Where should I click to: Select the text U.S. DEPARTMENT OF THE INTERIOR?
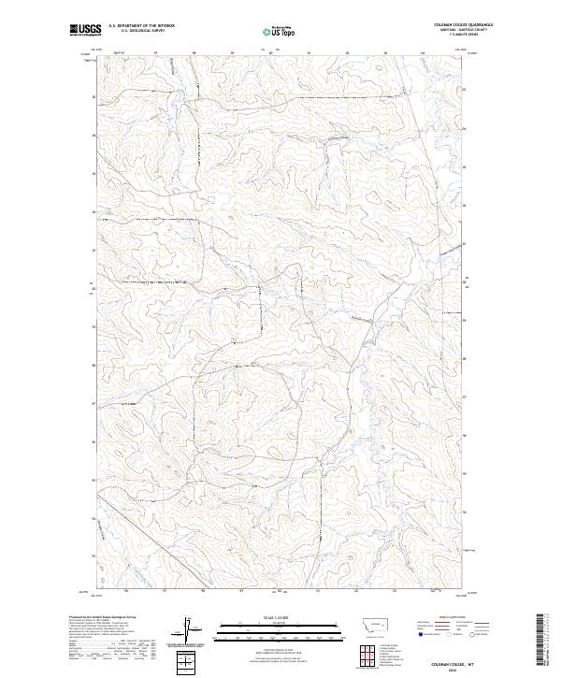(141, 25)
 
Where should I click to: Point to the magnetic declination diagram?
(190, 632)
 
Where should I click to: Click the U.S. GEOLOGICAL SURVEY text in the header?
(141, 30)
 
